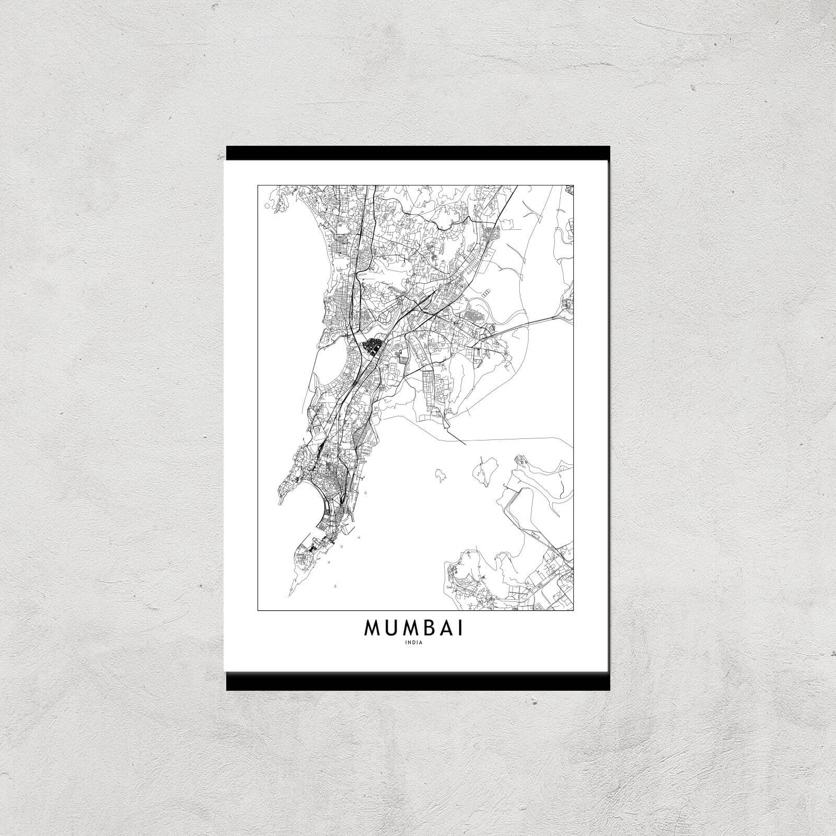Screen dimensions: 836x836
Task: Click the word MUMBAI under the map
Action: click(413, 629)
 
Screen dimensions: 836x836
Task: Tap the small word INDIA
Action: click(413, 643)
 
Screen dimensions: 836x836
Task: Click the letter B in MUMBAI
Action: click(429, 629)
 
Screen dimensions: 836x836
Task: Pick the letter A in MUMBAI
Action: click(446, 629)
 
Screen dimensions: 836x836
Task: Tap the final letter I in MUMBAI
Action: click(460, 629)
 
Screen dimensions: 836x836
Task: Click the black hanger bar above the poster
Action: click(418, 153)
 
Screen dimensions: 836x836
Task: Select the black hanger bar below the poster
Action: click(418, 681)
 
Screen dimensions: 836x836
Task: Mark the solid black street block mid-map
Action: click(373, 345)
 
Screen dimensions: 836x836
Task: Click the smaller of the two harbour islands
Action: click(439, 474)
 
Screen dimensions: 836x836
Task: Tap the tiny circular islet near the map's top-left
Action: click(267, 206)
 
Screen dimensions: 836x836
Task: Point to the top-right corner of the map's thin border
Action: click(574, 184)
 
